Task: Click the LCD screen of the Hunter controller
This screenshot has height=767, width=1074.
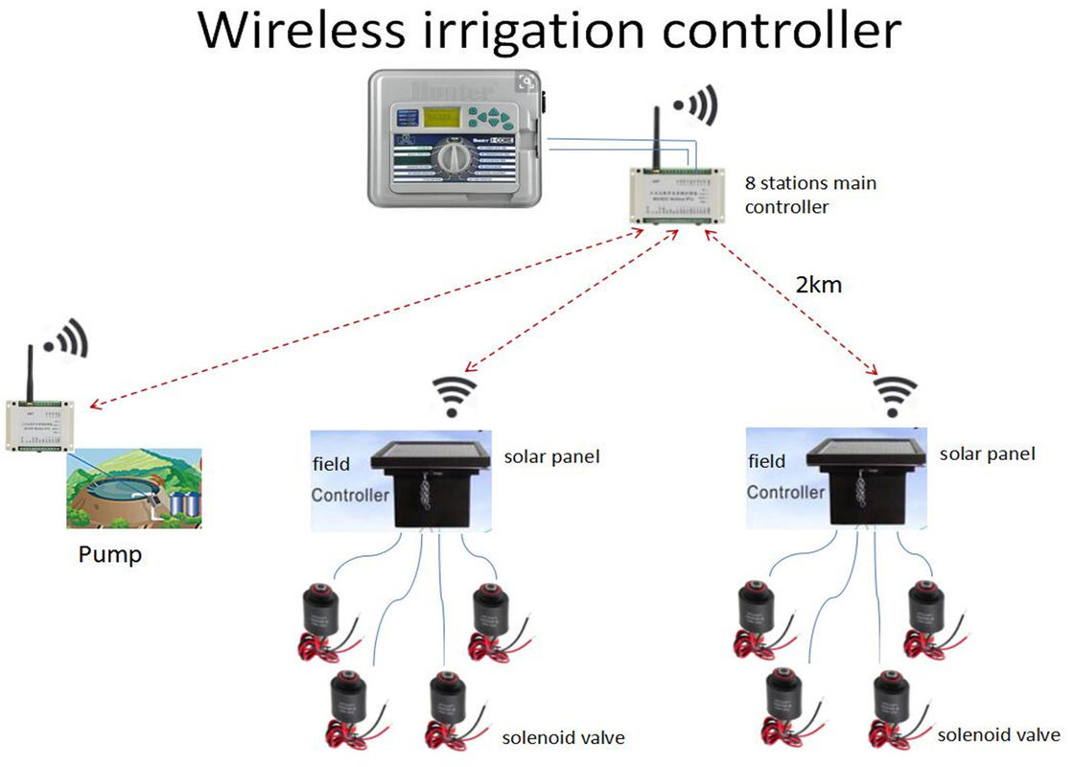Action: [x=442, y=118]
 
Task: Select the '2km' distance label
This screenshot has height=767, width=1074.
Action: [x=818, y=284]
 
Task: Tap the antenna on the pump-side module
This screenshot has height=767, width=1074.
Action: [x=28, y=369]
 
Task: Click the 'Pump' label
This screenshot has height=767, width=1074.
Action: [x=109, y=554]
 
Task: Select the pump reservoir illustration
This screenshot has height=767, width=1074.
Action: [x=133, y=487]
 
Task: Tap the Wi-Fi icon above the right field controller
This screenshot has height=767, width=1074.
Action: [x=893, y=394]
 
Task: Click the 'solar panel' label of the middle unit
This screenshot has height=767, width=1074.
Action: [x=551, y=456]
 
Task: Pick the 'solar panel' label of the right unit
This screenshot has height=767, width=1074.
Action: [x=987, y=453]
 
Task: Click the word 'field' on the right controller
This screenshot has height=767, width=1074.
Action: [x=766, y=461]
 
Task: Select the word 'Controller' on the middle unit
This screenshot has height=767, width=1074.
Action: [x=350, y=495]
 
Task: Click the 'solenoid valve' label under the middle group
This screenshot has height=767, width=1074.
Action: [x=563, y=737]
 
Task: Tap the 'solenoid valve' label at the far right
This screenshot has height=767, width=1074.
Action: [x=998, y=735]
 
